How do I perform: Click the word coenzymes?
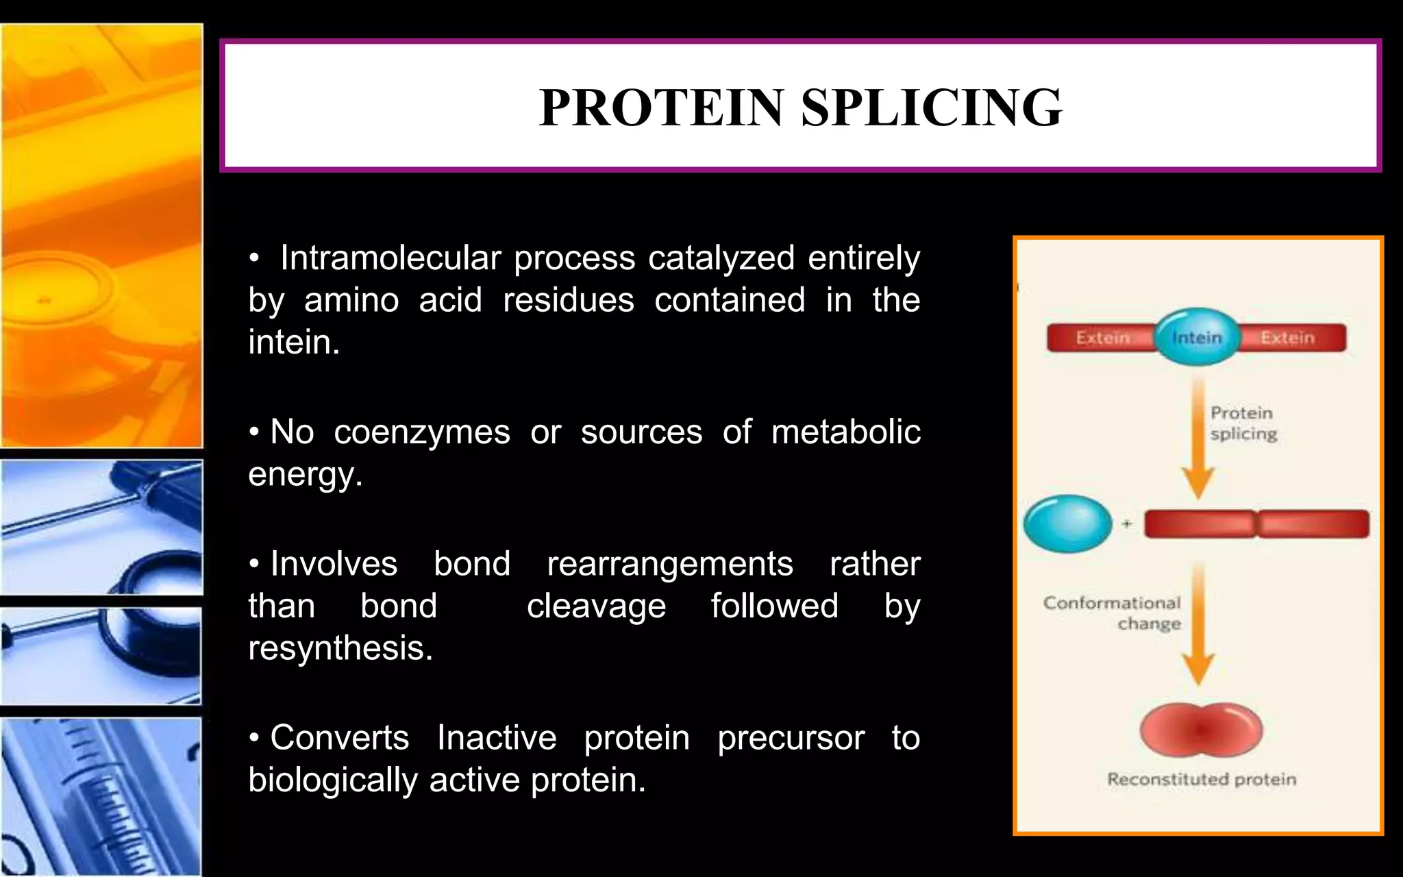point(422,432)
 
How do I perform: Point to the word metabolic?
point(845,432)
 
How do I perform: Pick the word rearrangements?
point(669,565)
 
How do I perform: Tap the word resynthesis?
point(340,648)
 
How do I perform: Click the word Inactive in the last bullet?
point(497,738)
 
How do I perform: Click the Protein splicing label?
point(1243,423)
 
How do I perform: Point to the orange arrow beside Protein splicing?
point(1198,438)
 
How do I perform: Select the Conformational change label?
point(1113,613)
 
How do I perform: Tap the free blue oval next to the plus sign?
point(1067,524)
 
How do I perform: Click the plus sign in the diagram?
point(1127,524)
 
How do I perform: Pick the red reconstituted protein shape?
point(1201,730)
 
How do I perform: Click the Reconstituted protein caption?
point(1202,780)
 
